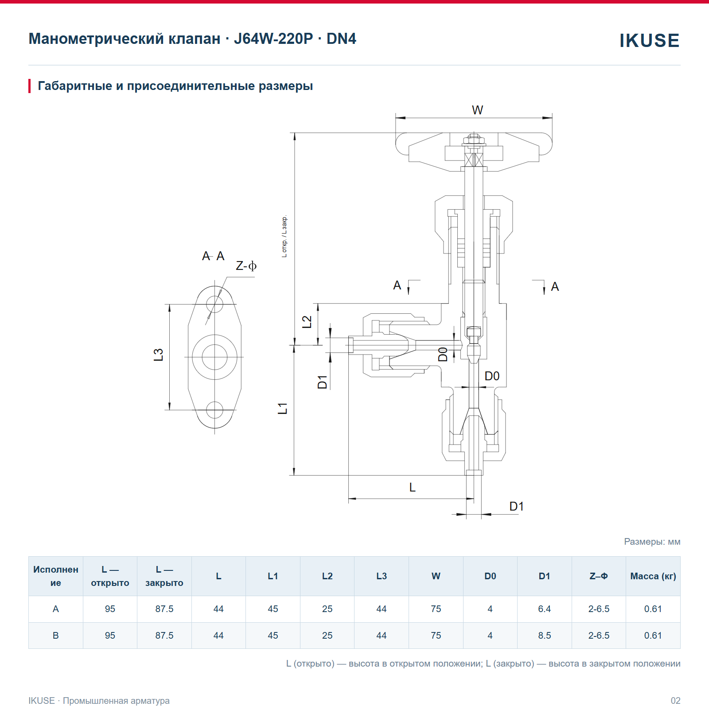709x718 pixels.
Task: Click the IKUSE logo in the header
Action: pyautogui.click(x=649, y=41)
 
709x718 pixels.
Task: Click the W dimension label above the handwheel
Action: pyautogui.click(x=477, y=110)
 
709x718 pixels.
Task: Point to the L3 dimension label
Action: pyautogui.click(x=159, y=355)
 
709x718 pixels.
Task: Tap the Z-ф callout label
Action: pyautogui.click(x=246, y=266)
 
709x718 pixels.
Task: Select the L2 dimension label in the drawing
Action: pyautogui.click(x=307, y=322)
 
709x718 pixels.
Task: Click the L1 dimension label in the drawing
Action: pyautogui.click(x=283, y=408)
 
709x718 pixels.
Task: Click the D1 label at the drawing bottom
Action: pyautogui.click(x=516, y=506)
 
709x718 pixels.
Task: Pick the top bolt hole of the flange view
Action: pyautogui.click(x=215, y=304)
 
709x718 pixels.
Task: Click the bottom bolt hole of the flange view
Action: pyautogui.click(x=215, y=410)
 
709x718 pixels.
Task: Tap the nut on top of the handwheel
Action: pyautogui.click(x=474, y=140)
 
